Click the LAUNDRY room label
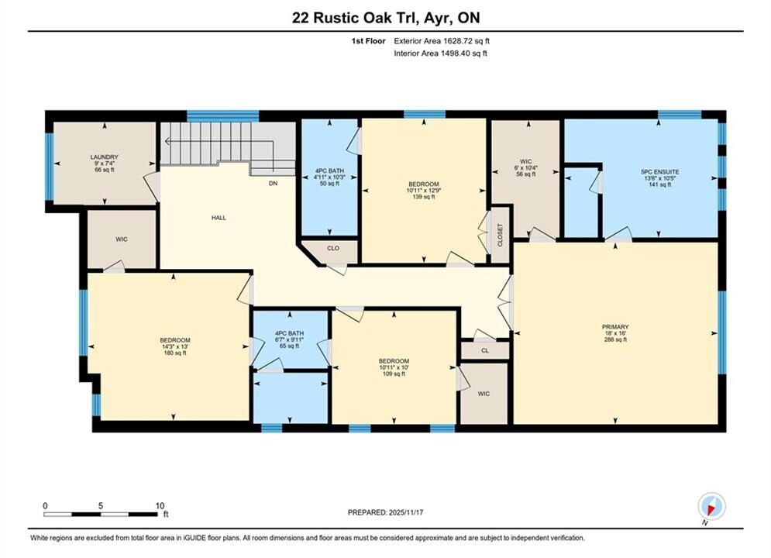coord(105,157)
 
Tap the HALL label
coord(219,218)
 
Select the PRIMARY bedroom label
coord(615,327)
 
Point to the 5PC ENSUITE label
coord(659,172)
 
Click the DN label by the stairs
coord(273,184)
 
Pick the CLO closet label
coord(333,248)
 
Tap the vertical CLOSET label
coord(501,236)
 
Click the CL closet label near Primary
coord(485,350)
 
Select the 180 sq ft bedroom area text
coord(175,353)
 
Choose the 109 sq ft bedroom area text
coord(394,374)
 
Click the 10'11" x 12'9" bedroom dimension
coord(423,190)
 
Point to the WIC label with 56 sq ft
coord(525,161)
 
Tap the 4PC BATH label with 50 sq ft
coord(329,171)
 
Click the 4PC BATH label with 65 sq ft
coord(289,333)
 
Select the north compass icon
coord(711,506)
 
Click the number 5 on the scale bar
coord(100,506)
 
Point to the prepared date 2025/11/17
coord(406,512)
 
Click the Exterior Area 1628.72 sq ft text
coord(442,41)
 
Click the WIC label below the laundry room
coord(122,239)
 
